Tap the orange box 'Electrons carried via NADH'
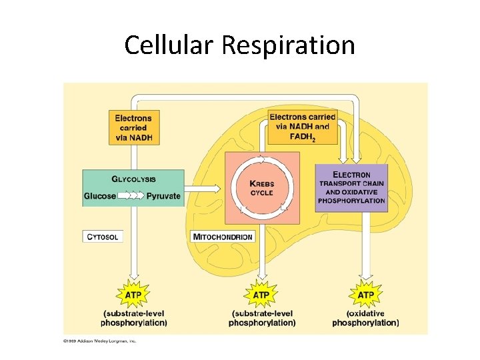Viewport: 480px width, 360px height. [133, 127]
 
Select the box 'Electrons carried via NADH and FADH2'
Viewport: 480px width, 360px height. [303, 127]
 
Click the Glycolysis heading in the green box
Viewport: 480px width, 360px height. [133, 179]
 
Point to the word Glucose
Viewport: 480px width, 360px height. [100, 196]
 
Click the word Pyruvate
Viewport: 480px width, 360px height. [163, 196]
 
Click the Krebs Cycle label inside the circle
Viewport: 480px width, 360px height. [261, 188]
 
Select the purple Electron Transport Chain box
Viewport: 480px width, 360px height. [351, 188]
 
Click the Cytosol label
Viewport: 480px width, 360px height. [103, 237]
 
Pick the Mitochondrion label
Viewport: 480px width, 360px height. [223, 237]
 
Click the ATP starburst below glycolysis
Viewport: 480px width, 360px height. [133, 295]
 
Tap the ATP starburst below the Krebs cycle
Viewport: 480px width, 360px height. [261, 295]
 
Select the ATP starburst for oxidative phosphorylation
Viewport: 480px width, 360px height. [365, 295]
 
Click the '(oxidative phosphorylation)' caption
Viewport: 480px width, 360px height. [365, 318]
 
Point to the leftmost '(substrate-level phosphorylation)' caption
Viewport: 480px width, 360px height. [133, 318]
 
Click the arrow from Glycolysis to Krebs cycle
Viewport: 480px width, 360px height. [204, 188]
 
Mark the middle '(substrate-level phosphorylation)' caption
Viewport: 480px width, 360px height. [261, 318]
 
